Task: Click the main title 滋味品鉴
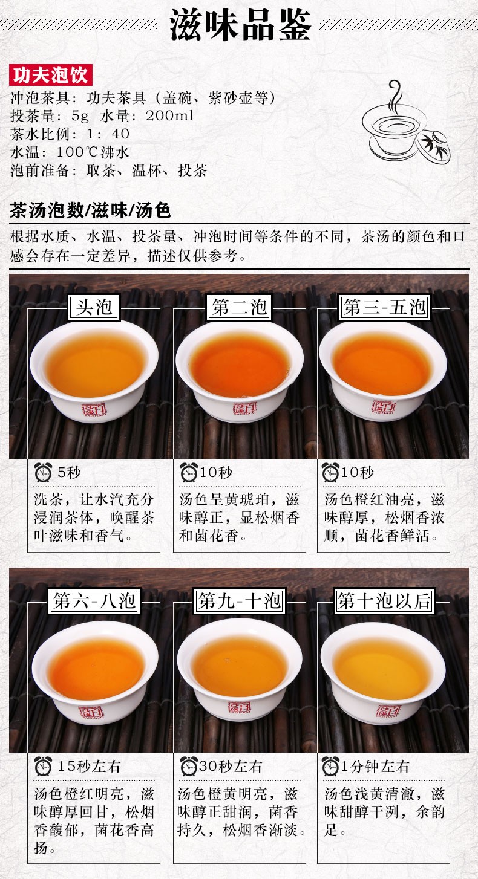point(240,25)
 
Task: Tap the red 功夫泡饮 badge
point(51,75)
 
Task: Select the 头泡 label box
point(94,307)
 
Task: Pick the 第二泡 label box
point(239,307)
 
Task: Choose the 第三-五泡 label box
point(384,307)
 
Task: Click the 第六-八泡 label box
point(94,601)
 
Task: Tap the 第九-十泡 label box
point(239,601)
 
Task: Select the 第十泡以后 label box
point(384,601)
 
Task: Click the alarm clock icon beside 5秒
point(43,472)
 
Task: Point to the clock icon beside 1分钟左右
point(330,766)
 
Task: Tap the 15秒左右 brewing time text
point(89,767)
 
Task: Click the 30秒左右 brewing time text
point(231,766)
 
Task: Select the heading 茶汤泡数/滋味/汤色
point(90,211)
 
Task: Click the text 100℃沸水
point(93,152)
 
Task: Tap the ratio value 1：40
point(108,134)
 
